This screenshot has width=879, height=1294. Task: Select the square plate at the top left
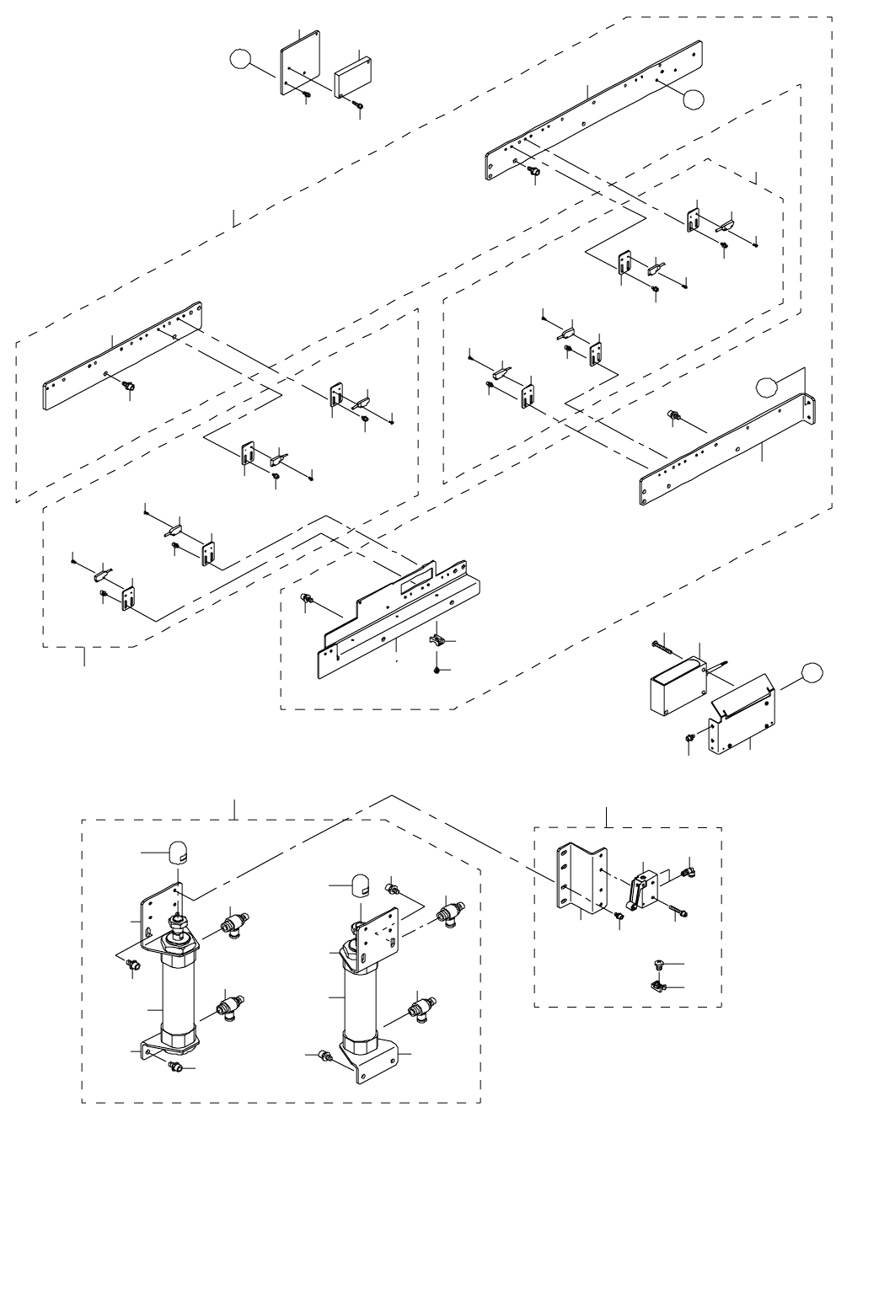(x=299, y=65)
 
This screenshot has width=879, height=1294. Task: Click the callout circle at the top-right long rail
(x=693, y=99)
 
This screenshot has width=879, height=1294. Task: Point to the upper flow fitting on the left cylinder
(x=233, y=924)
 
